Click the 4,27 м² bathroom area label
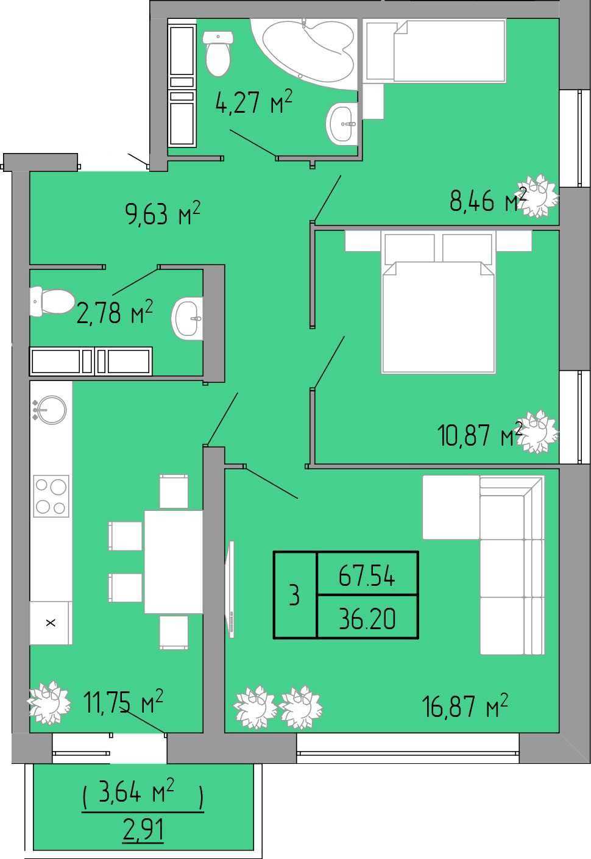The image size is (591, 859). pyautogui.click(x=254, y=102)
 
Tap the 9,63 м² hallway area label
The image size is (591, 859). pyautogui.click(x=163, y=213)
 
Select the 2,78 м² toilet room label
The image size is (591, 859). pyautogui.click(x=115, y=312)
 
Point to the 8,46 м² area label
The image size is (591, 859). pyautogui.click(x=488, y=199)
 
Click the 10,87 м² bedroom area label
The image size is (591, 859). pyautogui.click(x=480, y=435)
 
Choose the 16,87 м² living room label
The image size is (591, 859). pyautogui.click(x=465, y=705)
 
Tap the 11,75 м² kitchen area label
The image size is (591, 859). pyautogui.click(x=124, y=701)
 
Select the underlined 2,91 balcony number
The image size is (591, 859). pyautogui.click(x=143, y=829)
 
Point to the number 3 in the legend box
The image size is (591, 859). pyautogui.click(x=294, y=596)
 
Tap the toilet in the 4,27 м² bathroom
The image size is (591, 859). pyautogui.click(x=218, y=54)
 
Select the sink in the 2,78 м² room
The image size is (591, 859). pyautogui.click(x=188, y=318)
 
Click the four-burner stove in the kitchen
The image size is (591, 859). pyautogui.click(x=51, y=496)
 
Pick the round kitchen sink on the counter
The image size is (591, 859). pyautogui.click(x=51, y=410)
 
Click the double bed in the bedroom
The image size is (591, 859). pyautogui.click(x=439, y=301)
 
